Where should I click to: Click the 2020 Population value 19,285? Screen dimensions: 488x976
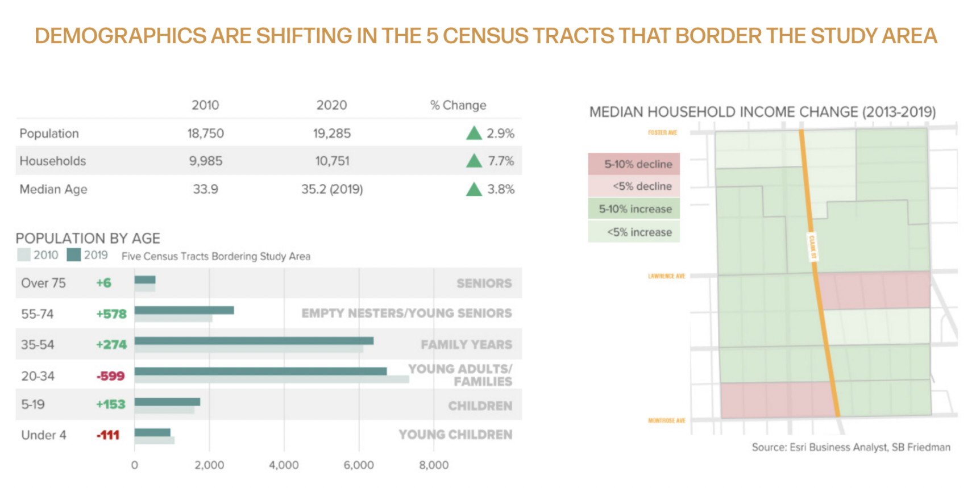click(x=332, y=134)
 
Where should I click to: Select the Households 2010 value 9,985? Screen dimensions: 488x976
click(x=206, y=161)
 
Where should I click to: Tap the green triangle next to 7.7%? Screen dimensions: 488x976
click(x=474, y=161)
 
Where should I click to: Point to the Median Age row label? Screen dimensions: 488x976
click(x=53, y=189)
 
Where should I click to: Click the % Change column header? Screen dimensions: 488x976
click(x=458, y=105)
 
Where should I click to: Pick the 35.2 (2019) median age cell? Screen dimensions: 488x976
click(x=332, y=189)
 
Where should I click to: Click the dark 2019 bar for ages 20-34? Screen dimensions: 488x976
click(x=260, y=371)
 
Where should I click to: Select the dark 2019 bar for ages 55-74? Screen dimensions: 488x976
click(x=184, y=310)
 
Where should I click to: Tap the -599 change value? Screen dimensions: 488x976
click(x=110, y=376)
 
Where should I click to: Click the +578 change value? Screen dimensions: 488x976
click(x=111, y=314)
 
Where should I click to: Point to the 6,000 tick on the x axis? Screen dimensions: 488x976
click(x=359, y=465)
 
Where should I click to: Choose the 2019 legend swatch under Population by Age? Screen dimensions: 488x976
click(x=74, y=255)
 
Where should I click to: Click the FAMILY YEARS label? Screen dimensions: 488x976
click(x=466, y=345)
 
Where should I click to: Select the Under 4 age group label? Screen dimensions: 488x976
click(x=44, y=435)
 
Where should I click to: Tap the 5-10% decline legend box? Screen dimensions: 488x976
click(x=634, y=164)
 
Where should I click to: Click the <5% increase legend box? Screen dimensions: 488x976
click(x=634, y=232)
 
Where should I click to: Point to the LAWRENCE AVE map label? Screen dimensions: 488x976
click(x=666, y=276)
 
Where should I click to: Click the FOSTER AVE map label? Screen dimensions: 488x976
click(x=662, y=133)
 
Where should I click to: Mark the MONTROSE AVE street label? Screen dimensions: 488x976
click(x=666, y=420)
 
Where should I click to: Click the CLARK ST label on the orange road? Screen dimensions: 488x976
click(x=812, y=247)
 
